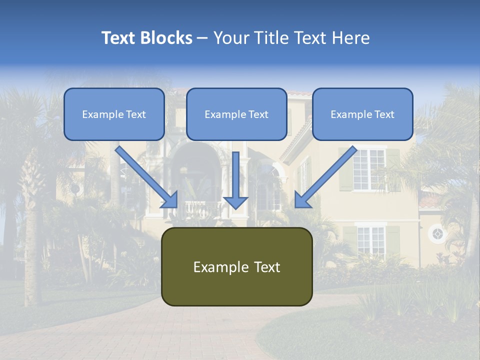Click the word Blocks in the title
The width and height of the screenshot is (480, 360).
167,38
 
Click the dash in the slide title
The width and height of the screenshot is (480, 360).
202,38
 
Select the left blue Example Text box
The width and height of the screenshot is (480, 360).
114,114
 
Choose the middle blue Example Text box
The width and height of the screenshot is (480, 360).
236,114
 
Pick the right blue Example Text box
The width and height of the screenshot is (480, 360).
362,114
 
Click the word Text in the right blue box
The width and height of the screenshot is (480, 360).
384,114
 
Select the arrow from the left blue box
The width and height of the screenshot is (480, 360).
147,176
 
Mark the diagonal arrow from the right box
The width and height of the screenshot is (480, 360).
325,177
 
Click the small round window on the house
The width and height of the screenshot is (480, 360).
437,233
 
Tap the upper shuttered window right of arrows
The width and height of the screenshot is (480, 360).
369,169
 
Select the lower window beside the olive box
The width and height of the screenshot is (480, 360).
371,240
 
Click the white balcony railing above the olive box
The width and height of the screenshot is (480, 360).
202,210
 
